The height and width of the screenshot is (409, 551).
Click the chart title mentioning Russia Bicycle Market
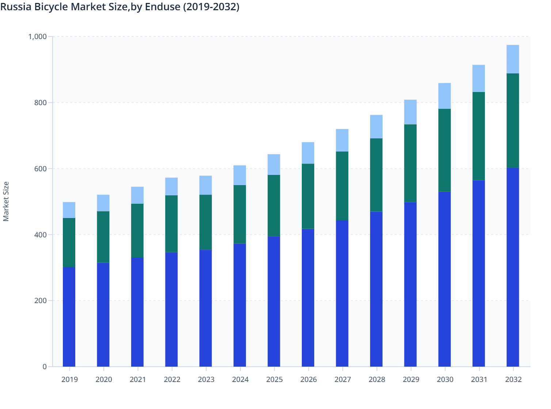tap(120, 7)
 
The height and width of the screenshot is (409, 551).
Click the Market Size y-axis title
tap(6, 201)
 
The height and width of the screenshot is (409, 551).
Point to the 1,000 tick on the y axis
tap(37, 37)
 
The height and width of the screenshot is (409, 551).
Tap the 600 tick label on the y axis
tap(40, 169)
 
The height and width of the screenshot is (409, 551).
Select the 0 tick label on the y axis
tap(45, 367)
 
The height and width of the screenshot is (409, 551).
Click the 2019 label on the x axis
tap(69, 379)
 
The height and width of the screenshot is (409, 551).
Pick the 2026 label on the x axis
tap(308, 379)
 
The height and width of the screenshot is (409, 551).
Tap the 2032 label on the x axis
tap(513, 379)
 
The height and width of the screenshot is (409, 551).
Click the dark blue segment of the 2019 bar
tap(69, 317)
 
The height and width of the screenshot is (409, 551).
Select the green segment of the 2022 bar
tap(171, 223)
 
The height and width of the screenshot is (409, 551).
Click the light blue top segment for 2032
tap(513, 59)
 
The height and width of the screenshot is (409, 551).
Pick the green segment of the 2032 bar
tap(513, 121)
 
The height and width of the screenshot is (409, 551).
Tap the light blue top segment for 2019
tap(69, 210)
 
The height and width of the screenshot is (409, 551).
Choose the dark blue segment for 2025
tap(274, 301)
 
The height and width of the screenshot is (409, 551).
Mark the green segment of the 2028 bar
tap(376, 175)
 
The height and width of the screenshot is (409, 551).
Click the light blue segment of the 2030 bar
tap(444, 96)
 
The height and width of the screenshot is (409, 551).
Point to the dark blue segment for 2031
tap(479, 273)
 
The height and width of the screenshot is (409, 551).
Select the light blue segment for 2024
tap(240, 175)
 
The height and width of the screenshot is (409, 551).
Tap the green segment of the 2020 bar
tap(103, 237)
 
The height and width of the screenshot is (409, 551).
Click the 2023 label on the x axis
tap(206, 379)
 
